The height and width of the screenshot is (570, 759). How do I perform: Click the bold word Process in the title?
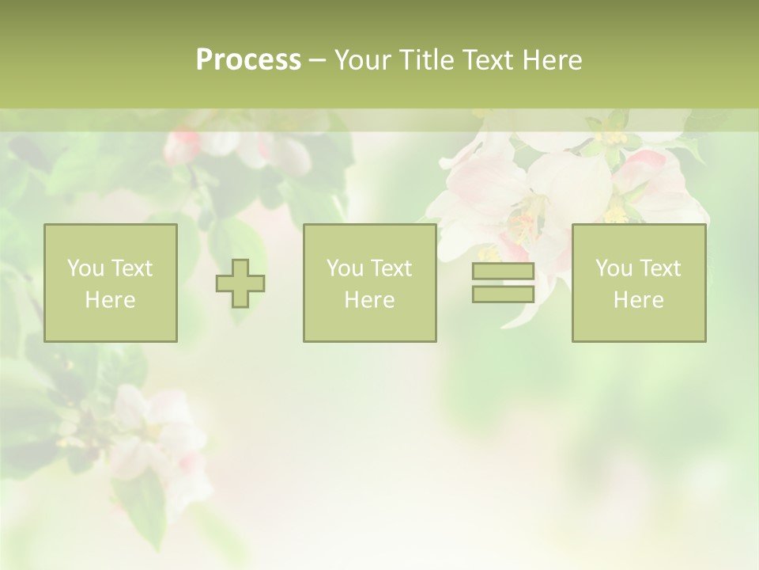point(248,60)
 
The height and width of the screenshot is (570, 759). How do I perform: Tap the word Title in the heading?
point(427,60)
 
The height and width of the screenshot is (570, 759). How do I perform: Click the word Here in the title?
point(552,60)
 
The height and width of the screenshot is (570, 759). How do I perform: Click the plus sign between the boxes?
point(240,283)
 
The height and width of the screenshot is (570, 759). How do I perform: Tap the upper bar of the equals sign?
point(503,272)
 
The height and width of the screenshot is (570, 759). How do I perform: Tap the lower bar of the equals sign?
point(503,294)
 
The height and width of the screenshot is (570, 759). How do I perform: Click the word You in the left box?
point(85,268)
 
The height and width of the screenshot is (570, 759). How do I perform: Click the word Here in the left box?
point(110,300)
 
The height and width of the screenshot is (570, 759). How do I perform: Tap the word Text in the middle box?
point(390,268)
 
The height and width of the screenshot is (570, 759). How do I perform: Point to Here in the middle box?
point(369,300)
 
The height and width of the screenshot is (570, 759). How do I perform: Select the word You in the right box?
point(614,268)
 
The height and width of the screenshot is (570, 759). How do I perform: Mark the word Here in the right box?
point(638,300)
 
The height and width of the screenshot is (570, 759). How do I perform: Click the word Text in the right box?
point(659,268)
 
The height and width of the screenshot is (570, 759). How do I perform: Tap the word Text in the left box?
point(130,268)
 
